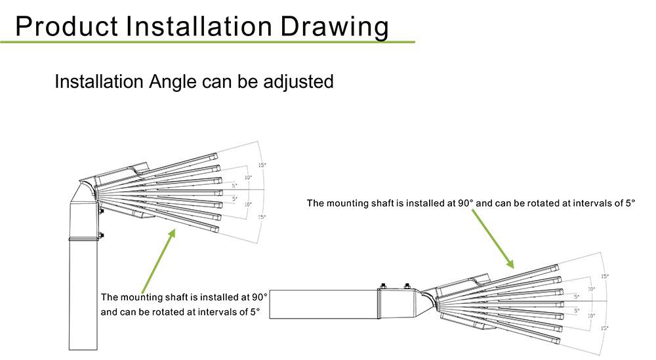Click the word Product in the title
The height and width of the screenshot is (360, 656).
pos(66,26)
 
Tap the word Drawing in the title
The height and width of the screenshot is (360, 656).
pos(335,28)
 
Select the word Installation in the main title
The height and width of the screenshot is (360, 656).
pos(199,26)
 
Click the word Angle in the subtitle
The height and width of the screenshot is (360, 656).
pos(173,82)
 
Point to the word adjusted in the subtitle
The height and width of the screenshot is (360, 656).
pos(298,82)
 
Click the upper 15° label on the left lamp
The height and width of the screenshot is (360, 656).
pos(262,165)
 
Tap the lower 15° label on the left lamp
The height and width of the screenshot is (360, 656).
pos(262,217)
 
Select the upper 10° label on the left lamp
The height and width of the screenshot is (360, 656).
pos(248,178)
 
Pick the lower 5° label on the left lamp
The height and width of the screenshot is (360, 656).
pos(235,199)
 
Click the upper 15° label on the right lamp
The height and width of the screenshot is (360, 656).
pos(605,276)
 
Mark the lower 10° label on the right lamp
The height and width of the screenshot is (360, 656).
pos(591,315)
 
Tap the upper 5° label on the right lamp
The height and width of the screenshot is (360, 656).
pos(577,297)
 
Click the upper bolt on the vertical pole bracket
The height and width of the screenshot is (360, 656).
pos(100,212)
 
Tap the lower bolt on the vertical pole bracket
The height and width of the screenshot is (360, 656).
pos(100,236)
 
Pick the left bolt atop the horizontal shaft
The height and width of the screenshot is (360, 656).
pos(383,287)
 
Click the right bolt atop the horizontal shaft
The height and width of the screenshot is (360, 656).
pos(407,287)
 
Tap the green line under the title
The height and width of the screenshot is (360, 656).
pos(207,42)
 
